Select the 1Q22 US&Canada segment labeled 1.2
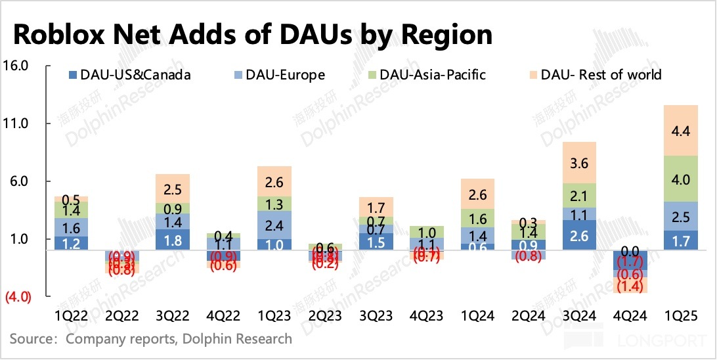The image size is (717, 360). (71, 242)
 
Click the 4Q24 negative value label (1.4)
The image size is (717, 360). (630, 286)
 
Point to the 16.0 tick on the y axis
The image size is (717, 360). (18, 66)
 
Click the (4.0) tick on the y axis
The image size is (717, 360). (18, 297)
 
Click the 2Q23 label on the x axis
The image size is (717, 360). (325, 317)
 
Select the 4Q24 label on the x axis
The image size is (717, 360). (630, 317)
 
